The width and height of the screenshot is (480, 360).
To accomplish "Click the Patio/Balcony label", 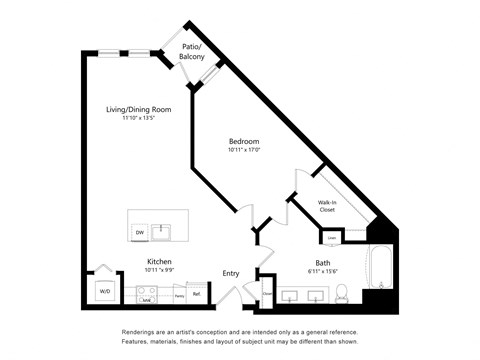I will coord(192,53).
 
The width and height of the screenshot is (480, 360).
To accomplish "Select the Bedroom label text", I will coord(244,142).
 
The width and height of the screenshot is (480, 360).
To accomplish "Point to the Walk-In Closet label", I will coord(327,207).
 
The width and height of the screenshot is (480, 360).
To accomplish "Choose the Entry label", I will coord(231,273).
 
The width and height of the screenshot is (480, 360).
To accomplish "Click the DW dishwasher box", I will coord(140,233).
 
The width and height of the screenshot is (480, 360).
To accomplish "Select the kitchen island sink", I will coord(170,233).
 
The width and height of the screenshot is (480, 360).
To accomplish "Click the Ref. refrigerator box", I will coord(197,294).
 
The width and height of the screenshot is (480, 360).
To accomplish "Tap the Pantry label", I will coord(177,295).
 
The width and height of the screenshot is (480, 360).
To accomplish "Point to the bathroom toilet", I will coord(342,293).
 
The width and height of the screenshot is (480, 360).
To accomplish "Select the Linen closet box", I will coord(332,237).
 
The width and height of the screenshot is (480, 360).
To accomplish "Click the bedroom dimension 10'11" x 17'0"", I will coord(244,151).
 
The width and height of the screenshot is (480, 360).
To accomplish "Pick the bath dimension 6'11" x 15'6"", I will coord(309,272).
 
